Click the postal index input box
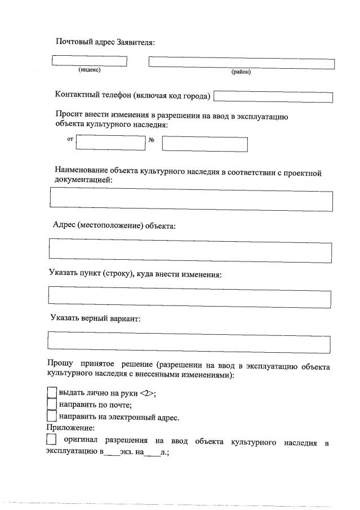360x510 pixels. [90, 60]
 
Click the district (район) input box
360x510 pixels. [241, 63]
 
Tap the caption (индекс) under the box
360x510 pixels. [90, 70]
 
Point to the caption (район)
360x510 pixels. [241, 72]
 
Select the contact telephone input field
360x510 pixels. [273, 97]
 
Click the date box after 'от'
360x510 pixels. [110, 141]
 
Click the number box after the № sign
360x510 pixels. [205, 144]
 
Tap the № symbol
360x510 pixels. [151, 140]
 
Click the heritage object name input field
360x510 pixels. [191, 200]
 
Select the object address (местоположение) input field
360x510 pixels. [190, 250]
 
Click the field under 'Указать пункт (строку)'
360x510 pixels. [189, 296]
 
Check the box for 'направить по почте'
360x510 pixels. [52, 405]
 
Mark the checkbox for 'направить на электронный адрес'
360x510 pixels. [52, 417]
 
